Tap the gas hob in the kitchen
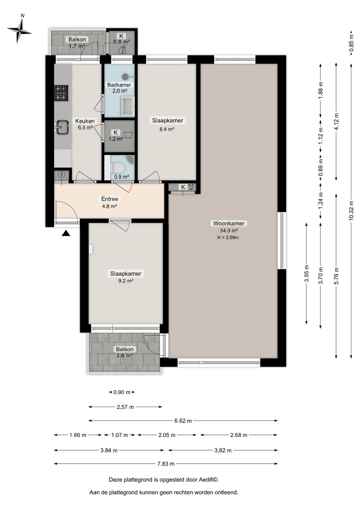point(61,93)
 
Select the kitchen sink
point(62,127)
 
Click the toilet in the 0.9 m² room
point(117,167)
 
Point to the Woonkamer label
point(229,223)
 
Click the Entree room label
point(109,199)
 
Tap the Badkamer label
point(119,85)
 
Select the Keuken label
point(85,121)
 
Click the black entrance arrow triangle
point(66,233)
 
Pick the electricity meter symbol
point(62,174)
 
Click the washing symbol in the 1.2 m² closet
point(127,134)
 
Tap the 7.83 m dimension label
point(166,464)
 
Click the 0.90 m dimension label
point(122,392)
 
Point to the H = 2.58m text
point(228,238)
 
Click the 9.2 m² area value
point(125,281)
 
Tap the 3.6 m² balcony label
point(124,356)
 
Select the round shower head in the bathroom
point(125,77)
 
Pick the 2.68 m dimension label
point(238,435)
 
